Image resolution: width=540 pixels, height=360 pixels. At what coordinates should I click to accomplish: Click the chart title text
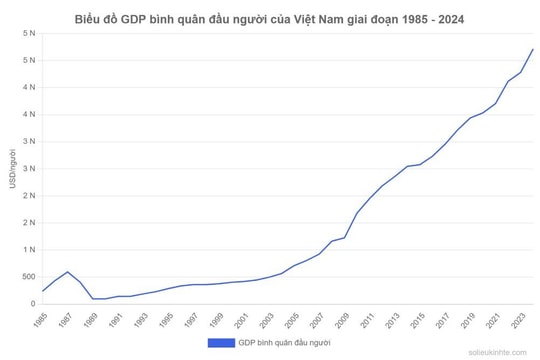tap(270, 19)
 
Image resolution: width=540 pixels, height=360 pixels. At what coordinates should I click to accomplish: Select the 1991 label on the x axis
tap(116, 320)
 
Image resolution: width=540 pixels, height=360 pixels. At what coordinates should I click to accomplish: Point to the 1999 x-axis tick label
tap(217, 320)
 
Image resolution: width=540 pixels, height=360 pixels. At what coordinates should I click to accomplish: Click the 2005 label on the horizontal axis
tap(293, 320)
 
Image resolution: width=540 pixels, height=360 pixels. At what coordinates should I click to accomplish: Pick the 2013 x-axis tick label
tap(394, 320)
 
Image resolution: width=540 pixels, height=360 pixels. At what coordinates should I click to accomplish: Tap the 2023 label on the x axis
tap(520, 320)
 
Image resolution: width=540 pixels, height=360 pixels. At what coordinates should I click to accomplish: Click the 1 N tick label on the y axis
tap(28, 250)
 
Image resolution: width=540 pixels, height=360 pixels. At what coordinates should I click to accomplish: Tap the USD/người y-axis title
tap(12, 169)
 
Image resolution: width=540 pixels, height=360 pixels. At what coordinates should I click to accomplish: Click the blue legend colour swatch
tap(220, 343)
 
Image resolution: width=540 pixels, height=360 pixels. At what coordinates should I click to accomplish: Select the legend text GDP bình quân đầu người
tap(284, 343)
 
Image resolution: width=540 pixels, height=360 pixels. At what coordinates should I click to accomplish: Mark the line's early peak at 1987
tap(67, 271)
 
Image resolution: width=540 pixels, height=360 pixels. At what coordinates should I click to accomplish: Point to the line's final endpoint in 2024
tap(533, 49)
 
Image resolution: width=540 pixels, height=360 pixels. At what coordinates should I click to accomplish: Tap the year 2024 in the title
tap(449, 19)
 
